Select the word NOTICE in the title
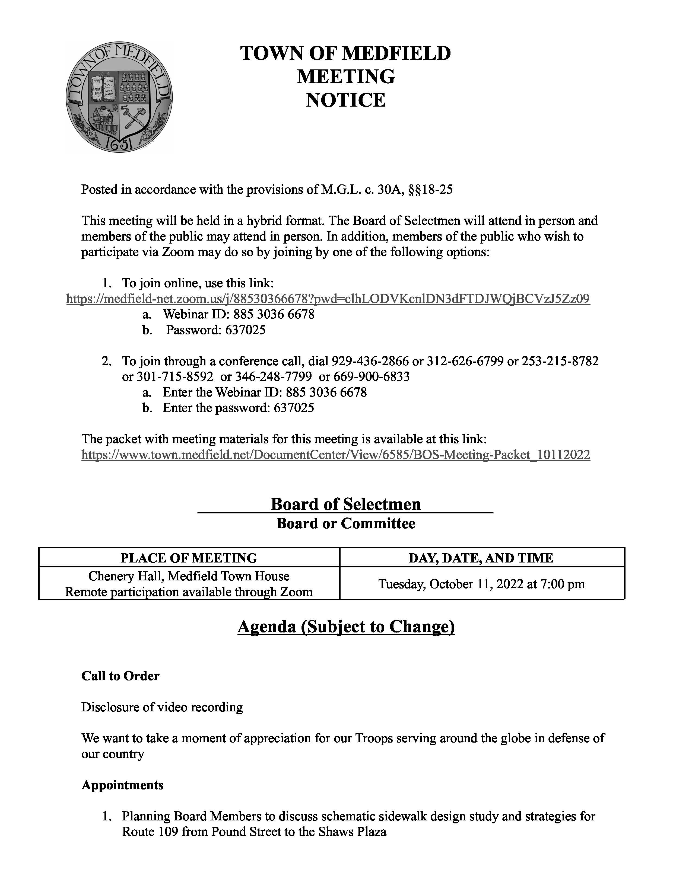(345, 100)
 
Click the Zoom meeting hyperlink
(328, 299)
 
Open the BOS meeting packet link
(336, 455)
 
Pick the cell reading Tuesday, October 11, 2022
(481, 584)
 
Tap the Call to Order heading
(120, 676)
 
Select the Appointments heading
(122, 785)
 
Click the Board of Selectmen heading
(345, 504)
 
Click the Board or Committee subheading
(345, 524)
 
